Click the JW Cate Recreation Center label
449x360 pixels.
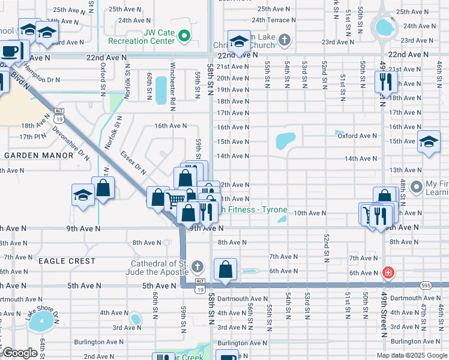pyautogui.click(x=141, y=37)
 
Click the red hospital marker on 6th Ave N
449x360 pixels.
pyautogui.click(x=388, y=272)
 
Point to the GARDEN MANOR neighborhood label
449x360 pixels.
pyautogui.click(x=38, y=155)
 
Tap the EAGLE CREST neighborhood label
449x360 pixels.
pyautogui.click(x=67, y=261)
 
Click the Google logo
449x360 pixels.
pyautogui.click(x=20, y=353)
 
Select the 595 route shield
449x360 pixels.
pyautogui.click(x=426, y=286)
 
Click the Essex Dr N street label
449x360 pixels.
pyautogui.click(x=133, y=163)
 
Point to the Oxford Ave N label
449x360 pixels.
pyautogui.click(x=357, y=136)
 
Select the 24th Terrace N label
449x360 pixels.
pyautogui.click(x=277, y=20)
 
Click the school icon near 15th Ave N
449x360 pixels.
pyautogui.click(x=429, y=142)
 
